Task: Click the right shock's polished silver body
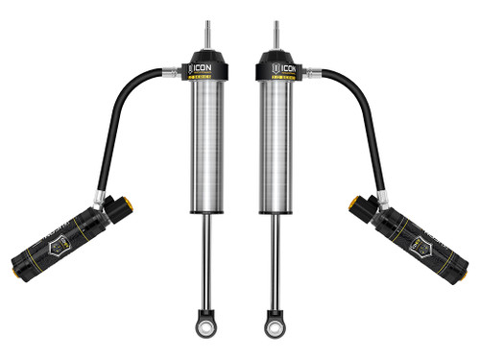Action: pyautogui.click(x=275, y=144)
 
